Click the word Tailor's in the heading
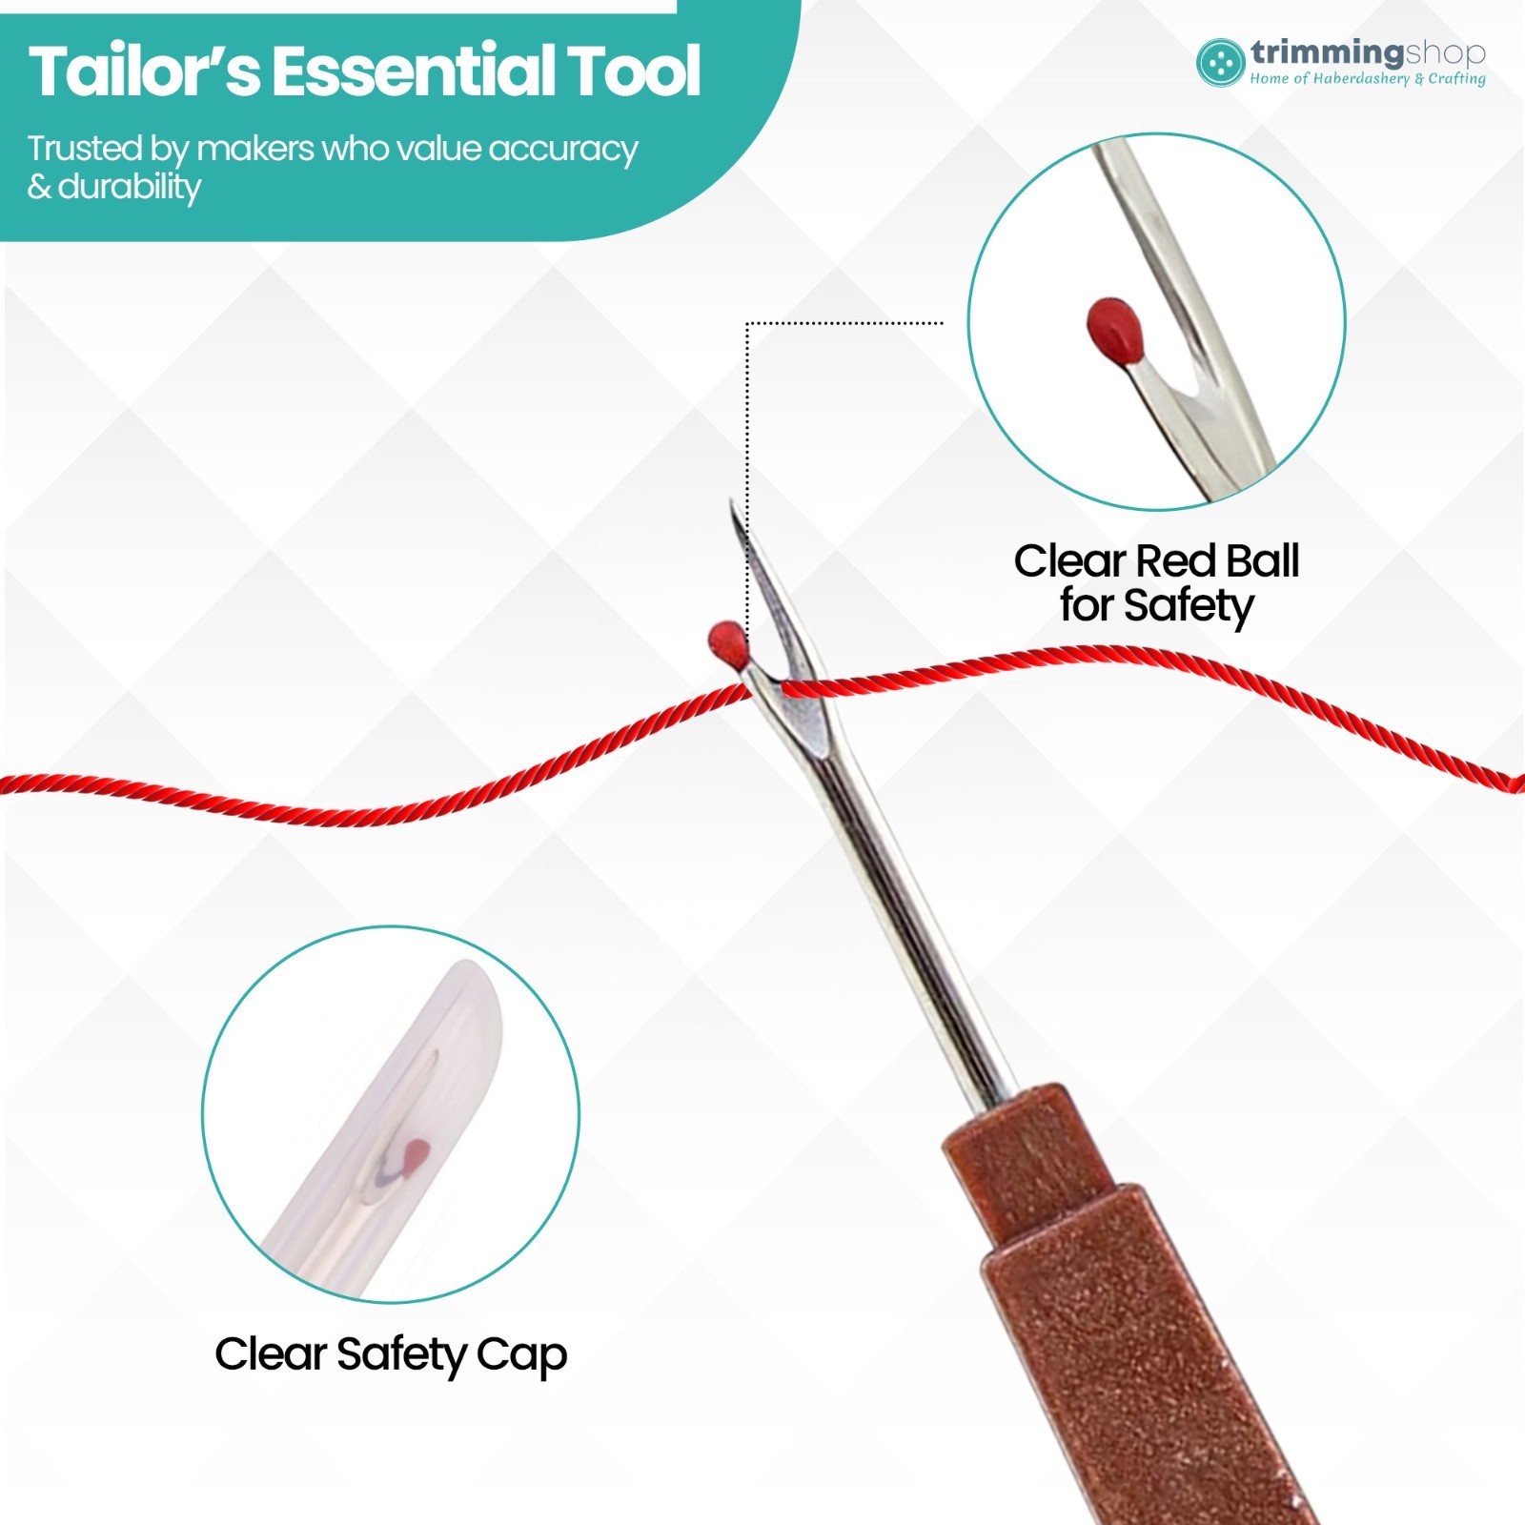pyautogui.click(x=144, y=71)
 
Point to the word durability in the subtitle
pyautogui.click(x=130, y=187)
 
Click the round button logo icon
pyautogui.click(x=1221, y=63)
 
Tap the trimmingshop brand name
pyautogui.click(x=1369, y=53)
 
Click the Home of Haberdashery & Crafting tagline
pyautogui.click(x=1368, y=79)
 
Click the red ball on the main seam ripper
pyautogui.click(x=728, y=643)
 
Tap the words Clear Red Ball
pyautogui.click(x=1156, y=560)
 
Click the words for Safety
pyautogui.click(x=1157, y=606)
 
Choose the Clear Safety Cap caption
pyautogui.click(x=391, y=1355)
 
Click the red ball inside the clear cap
pyautogui.click(x=417, y=1155)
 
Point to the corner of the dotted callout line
pyautogui.click(x=747, y=323)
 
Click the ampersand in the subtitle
pyautogui.click(x=39, y=187)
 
